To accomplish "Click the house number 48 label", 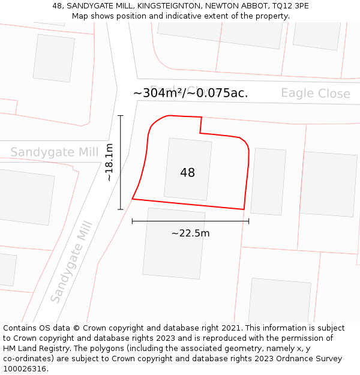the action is (187, 173).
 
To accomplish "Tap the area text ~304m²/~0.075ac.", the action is (190, 93).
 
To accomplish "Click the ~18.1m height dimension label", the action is (109, 162).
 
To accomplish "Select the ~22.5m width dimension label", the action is (190, 233).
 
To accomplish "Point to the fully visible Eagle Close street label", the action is (316, 94).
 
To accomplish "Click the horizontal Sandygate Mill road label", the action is (54, 152).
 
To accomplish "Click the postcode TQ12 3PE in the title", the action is (290, 6).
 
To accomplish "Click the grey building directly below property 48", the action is (173, 243).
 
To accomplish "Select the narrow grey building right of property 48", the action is (268, 181).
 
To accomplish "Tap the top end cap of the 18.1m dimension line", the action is (121, 116).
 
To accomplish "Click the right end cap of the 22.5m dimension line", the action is (248, 221).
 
